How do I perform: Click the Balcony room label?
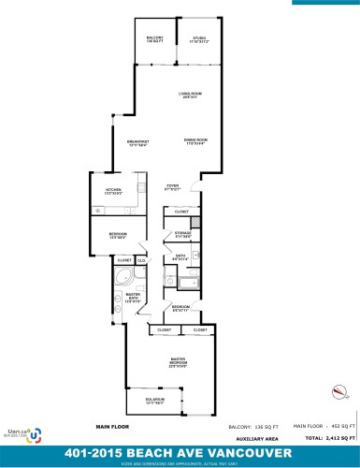point(155,39)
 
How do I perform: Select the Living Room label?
point(191,95)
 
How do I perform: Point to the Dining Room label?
point(195,141)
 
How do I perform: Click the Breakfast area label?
point(138,143)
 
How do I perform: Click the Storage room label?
point(183,234)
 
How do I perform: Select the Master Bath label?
point(133,300)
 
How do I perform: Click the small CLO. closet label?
point(141,259)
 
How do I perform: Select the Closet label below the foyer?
point(182,212)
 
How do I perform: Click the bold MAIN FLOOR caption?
point(110,426)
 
